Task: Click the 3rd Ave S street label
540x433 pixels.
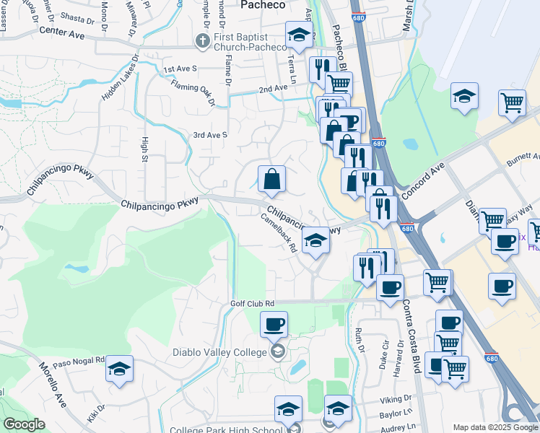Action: [x=210, y=135]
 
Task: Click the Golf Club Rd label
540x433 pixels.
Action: [x=252, y=304]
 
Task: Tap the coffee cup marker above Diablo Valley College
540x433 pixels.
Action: [x=274, y=325]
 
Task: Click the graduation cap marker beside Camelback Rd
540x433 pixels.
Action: [x=315, y=241]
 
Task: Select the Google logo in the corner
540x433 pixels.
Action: [x=23, y=424]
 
